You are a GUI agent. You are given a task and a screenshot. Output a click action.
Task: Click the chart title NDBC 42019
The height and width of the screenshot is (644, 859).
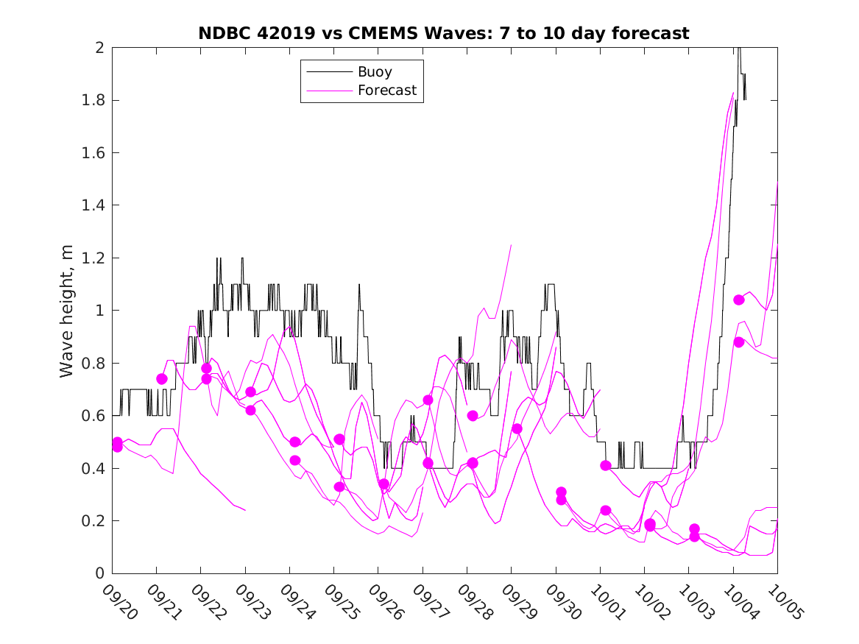pos(443,33)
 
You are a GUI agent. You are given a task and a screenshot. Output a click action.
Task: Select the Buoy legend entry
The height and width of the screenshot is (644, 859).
pos(375,72)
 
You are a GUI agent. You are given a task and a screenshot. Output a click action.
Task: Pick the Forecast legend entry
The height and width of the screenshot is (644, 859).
pos(386,91)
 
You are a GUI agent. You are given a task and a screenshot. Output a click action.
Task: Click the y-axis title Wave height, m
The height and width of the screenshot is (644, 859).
pos(67,311)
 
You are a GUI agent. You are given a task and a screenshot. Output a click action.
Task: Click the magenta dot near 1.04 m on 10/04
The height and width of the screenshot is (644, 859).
pos(739,300)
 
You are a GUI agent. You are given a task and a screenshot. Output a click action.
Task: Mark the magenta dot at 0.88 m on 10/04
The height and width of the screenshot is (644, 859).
pos(739,342)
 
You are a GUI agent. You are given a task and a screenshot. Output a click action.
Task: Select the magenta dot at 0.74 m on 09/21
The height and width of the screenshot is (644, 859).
pos(162,379)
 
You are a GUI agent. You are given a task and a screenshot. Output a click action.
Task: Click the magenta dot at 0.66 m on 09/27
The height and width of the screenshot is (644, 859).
pos(428,400)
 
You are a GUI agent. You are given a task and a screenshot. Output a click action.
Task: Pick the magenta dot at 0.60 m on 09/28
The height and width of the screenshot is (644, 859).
pos(473,416)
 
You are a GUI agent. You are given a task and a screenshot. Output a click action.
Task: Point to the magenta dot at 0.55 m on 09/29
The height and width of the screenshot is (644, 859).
pos(517,428)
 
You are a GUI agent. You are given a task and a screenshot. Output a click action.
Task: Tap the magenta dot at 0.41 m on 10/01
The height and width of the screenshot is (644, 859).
pos(606,465)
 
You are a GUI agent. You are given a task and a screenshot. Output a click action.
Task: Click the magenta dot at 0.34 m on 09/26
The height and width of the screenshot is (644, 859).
pos(383,484)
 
